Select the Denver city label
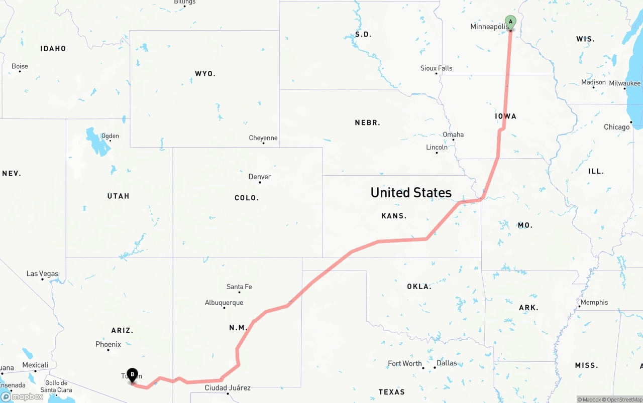tap(260, 177)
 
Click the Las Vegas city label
tap(42, 274)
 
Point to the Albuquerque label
tap(224, 303)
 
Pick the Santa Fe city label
tap(239, 287)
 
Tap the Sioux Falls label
tap(436, 68)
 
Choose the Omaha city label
tap(453, 135)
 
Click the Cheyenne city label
tap(263, 138)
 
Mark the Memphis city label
tap(594, 302)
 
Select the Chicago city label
tap(617, 127)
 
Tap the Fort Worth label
tap(405, 363)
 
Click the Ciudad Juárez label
tap(228, 388)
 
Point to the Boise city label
tap(20, 66)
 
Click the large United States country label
tap(411, 192)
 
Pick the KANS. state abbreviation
tap(394, 216)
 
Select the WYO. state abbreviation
tap(205, 74)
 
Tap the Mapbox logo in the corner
tap(22, 396)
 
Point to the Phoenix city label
tap(108, 344)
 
